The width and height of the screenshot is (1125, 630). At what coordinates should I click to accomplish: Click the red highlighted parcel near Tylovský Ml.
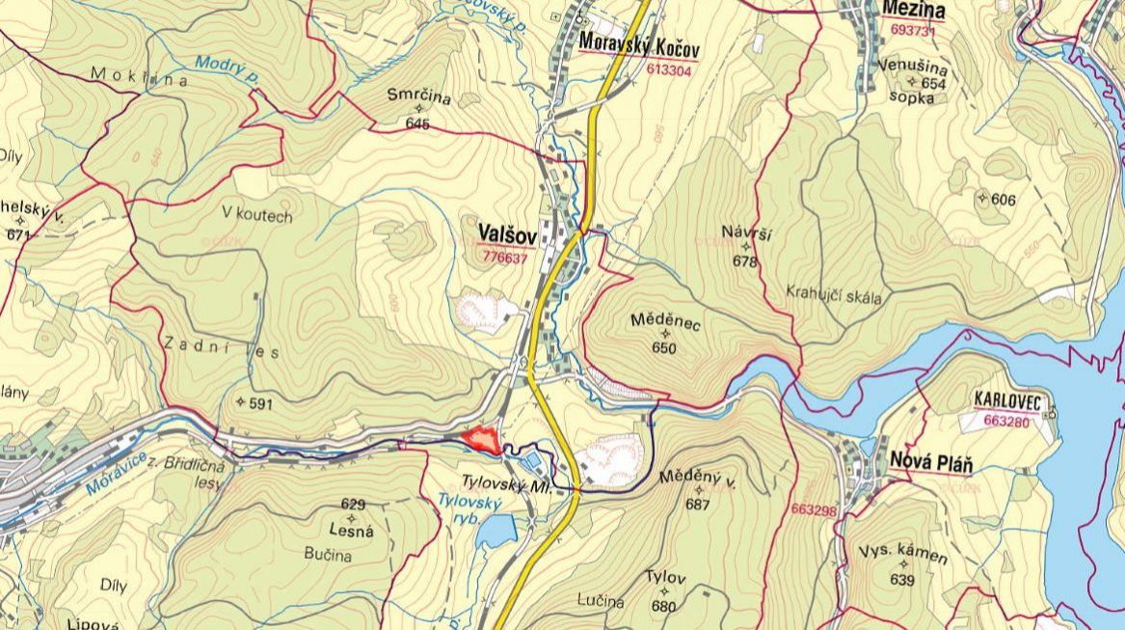(481, 440)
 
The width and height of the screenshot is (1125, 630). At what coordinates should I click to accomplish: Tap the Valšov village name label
(504, 234)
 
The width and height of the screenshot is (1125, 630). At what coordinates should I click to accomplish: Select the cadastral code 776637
(505, 258)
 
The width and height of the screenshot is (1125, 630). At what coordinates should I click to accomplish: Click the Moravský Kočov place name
(639, 46)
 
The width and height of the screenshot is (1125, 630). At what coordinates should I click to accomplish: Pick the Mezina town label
(912, 12)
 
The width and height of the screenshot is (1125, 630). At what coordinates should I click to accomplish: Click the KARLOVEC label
(1008, 399)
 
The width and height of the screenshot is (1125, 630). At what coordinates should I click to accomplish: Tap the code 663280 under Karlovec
(1007, 421)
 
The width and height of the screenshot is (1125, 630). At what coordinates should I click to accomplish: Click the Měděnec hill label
(664, 321)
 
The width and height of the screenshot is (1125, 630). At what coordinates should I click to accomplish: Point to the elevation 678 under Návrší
(744, 261)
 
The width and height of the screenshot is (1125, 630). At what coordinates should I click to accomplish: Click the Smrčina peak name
(418, 95)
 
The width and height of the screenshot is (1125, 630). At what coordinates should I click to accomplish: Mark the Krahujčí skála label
(834, 296)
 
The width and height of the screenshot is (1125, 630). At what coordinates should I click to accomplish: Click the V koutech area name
(255, 216)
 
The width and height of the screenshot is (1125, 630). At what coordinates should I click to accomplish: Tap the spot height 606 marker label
(1003, 199)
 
